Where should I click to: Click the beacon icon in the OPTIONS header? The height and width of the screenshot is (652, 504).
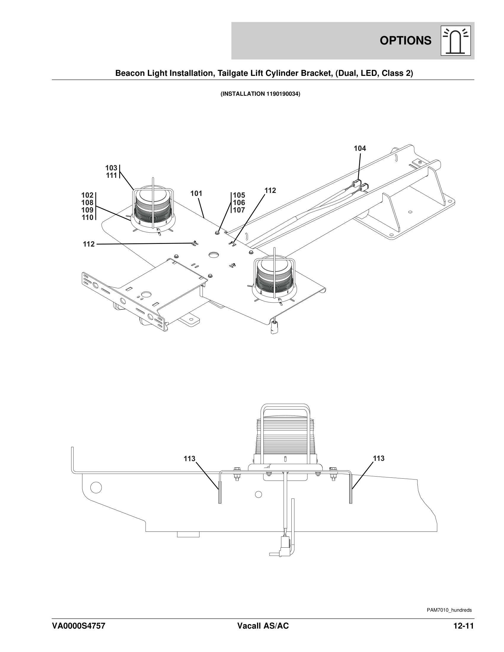[x=456, y=41]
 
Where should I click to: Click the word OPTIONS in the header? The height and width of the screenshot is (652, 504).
[x=406, y=41]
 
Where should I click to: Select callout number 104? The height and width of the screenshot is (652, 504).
[x=360, y=148]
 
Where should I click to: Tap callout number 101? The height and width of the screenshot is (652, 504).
[x=197, y=194]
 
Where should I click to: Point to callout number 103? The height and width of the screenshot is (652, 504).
[x=111, y=168]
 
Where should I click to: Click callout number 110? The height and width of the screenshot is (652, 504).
[x=87, y=218]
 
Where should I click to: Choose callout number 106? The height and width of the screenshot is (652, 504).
[x=239, y=203]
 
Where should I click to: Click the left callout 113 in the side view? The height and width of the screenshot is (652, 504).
[x=189, y=458]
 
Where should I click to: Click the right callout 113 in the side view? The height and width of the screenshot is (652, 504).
[x=379, y=458]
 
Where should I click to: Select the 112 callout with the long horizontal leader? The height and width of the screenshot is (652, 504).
[x=89, y=244]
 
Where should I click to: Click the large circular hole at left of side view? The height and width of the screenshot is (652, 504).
[x=96, y=488]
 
